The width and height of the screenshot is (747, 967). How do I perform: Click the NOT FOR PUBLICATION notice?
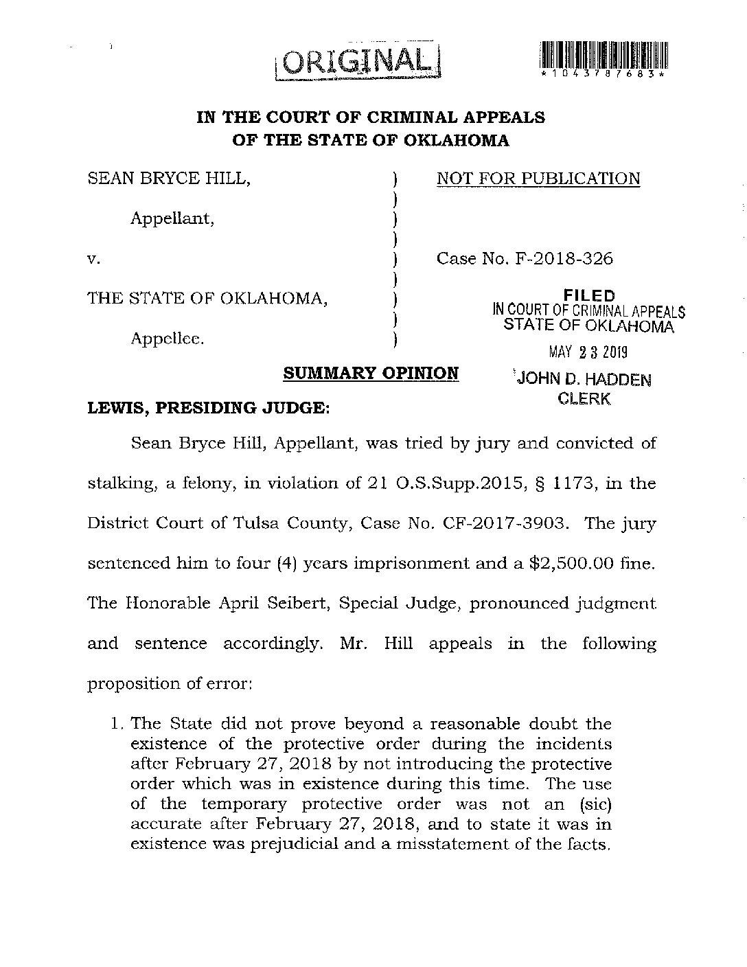click(x=538, y=179)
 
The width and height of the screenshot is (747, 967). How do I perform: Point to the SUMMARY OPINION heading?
click(x=371, y=374)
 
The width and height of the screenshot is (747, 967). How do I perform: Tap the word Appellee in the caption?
click(x=168, y=339)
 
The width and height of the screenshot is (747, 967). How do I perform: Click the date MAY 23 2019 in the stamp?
click(x=588, y=353)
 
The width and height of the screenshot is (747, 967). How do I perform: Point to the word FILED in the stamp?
click(x=588, y=296)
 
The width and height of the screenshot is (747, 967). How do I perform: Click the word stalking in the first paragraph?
click(x=119, y=483)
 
